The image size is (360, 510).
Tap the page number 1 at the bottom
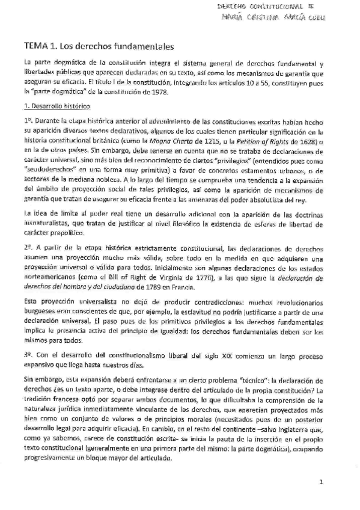point(321,482)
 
